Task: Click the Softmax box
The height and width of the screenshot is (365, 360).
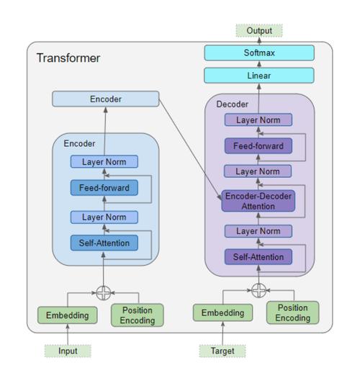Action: (x=259, y=53)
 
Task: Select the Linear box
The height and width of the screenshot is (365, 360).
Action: (x=259, y=76)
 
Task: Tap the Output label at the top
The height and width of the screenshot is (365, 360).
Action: (x=259, y=31)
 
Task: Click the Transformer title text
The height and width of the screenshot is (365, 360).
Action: (x=68, y=58)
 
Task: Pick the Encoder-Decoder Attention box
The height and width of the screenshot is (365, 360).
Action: (x=258, y=202)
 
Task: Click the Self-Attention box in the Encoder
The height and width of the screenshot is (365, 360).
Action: (x=104, y=243)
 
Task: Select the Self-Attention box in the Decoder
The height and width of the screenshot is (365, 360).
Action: (x=258, y=256)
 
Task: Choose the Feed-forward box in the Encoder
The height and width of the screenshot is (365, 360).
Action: (x=104, y=188)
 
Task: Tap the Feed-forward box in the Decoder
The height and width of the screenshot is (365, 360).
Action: (x=258, y=146)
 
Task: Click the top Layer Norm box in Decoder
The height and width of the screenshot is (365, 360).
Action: (x=258, y=120)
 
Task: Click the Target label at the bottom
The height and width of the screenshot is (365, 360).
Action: (x=222, y=351)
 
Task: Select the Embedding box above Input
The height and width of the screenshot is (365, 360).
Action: (x=67, y=315)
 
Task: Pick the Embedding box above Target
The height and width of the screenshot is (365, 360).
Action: (x=222, y=312)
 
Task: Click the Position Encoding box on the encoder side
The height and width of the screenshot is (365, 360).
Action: (x=137, y=315)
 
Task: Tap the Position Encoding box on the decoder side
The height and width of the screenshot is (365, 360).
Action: (x=292, y=312)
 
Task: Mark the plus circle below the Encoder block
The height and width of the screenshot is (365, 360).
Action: (x=104, y=293)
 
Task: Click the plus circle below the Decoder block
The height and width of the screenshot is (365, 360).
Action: (x=258, y=290)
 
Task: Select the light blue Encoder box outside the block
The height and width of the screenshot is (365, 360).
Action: (x=106, y=99)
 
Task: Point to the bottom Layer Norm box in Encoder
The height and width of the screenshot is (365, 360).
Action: (x=104, y=217)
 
